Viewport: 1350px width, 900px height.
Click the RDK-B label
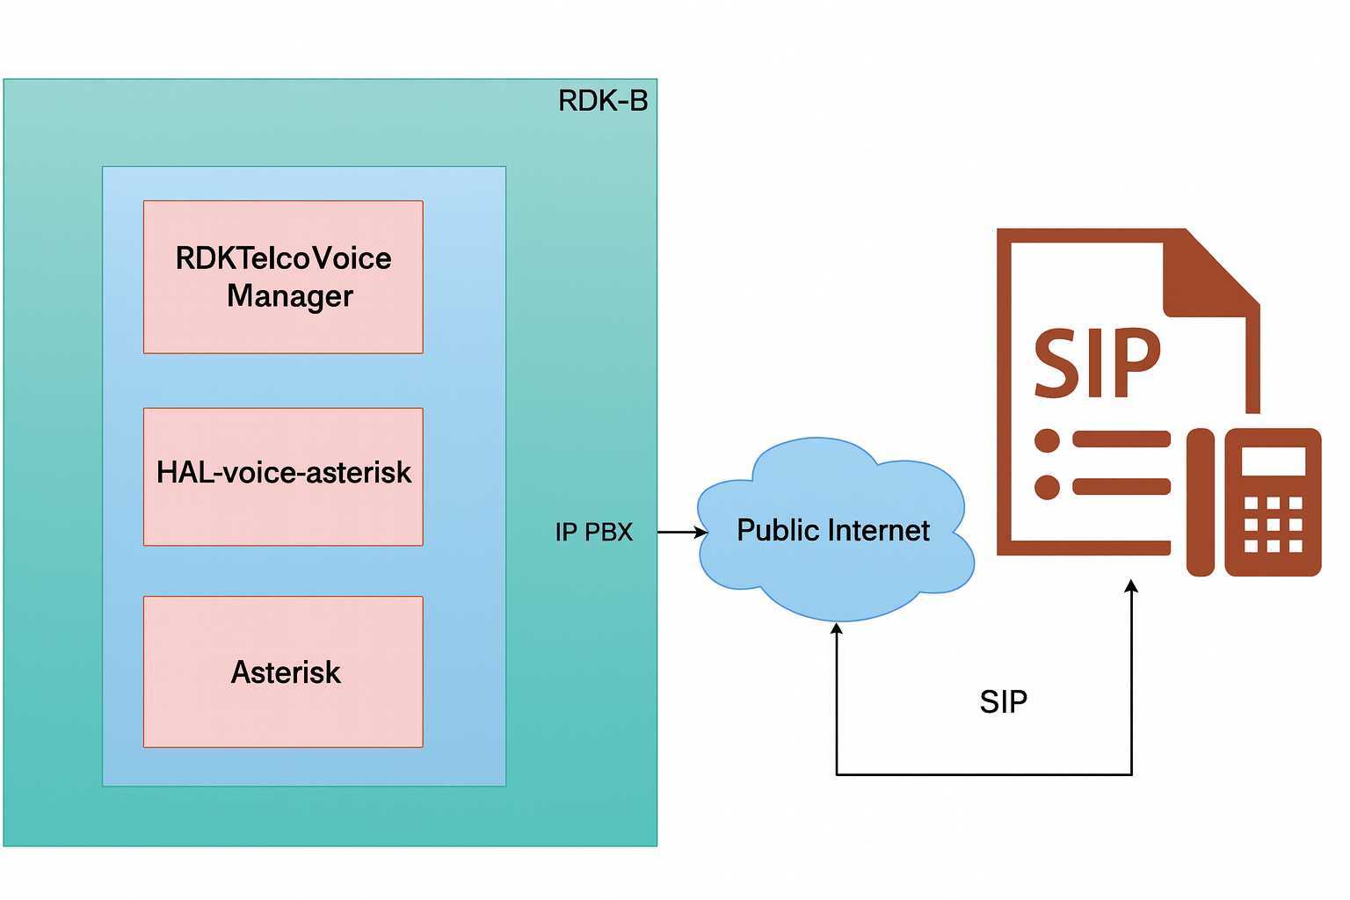click(x=603, y=101)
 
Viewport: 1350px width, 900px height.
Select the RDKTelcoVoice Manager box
click(x=283, y=277)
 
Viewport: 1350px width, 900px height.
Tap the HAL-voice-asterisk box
click(x=283, y=476)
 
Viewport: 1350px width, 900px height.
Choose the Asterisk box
click(x=283, y=672)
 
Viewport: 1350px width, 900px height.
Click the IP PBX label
click(x=593, y=533)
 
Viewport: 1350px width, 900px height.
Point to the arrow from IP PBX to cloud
click(x=682, y=533)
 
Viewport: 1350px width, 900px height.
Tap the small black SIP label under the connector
click(x=1003, y=702)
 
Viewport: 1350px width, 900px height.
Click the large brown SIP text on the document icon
click(x=1096, y=363)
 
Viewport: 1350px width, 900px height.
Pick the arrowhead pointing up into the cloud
click(x=837, y=629)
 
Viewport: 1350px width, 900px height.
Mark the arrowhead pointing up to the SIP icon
click(x=1132, y=586)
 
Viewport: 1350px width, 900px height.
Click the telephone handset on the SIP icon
click(x=1201, y=503)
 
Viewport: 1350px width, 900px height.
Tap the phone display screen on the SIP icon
click(x=1273, y=461)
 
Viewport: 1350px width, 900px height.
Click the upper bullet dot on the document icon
click(x=1047, y=440)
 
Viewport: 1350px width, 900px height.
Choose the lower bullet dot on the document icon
click(x=1047, y=487)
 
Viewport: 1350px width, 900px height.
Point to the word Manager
click(x=289, y=297)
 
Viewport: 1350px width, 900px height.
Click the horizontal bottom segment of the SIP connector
click(x=984, y=774)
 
